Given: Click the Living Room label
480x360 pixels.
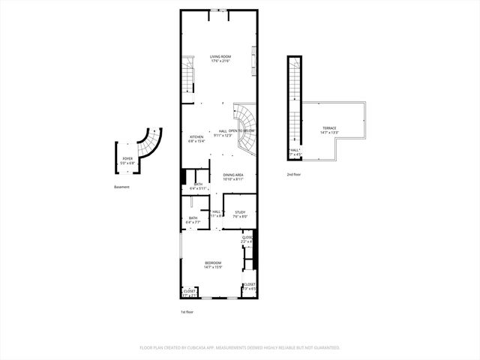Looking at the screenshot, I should (220, 56).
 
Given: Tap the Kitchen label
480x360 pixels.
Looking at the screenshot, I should (196, 136).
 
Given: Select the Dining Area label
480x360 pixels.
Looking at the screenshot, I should (233, 175).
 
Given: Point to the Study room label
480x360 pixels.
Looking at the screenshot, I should (240, 213).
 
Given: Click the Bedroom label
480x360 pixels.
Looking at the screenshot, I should (213, 262).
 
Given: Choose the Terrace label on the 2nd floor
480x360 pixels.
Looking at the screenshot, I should (329, 128).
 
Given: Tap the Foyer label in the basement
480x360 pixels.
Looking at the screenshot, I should (127, 158).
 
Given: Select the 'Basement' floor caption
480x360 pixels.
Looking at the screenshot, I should (122, 187).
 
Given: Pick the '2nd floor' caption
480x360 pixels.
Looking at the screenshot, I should (293, 174).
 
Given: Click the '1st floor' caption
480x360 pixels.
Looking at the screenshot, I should (187, 311).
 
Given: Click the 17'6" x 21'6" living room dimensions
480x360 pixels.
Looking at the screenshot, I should (220, 61).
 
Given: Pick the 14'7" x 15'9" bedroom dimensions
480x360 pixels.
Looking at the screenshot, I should (213, 267).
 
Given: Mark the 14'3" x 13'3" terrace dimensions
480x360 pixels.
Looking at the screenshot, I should (329, 133).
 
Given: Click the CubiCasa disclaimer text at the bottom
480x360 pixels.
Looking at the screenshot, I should (240, 348).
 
